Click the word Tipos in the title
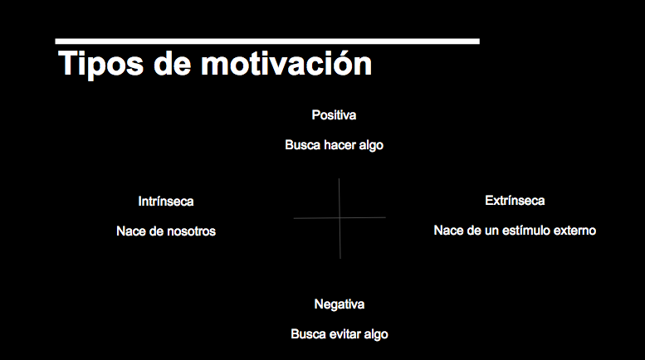coord(100,64)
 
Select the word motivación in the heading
coord(286,63)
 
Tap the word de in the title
coord(173,63)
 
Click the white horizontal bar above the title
coord(267,41)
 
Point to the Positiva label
coord(334,115)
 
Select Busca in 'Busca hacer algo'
coord(302,144)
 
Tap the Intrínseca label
coord(166,202)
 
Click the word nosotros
coord(191,231)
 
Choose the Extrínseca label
coord(515,201)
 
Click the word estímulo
coord(526,230)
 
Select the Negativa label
coord(340,304)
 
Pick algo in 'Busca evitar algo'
coord(376,334)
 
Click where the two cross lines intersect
coord(340,218)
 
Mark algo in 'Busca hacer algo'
coord(371,145)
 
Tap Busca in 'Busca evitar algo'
coord(309,333)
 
